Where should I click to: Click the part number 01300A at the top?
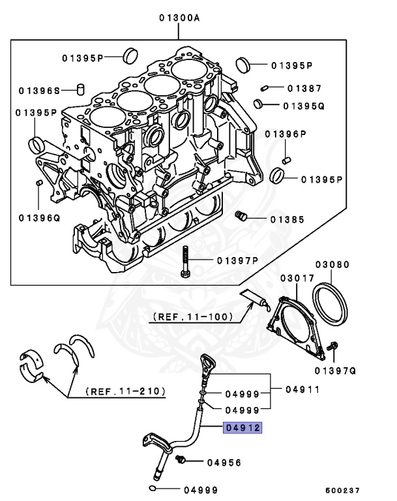(179, 19)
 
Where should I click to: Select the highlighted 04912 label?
(242, 429)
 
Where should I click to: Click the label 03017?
(294, 279)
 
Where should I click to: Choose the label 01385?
(287, 220)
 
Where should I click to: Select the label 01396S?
(39, 90)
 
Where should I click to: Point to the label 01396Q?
(39, 218)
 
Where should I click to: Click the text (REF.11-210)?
(125, 392)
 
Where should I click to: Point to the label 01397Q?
(334, 371)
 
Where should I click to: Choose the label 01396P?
(286, 134)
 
